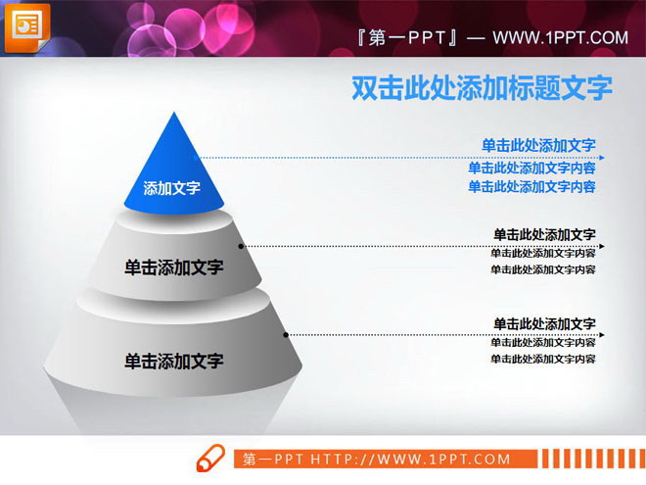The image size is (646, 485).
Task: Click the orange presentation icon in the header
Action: click(25, 26)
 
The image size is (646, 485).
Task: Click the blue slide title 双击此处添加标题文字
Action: click(482, 88)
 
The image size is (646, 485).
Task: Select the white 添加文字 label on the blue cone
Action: click(171, 188)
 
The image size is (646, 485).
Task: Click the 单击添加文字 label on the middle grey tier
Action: click(173, 267)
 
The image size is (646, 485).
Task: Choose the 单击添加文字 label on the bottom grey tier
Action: click(173, 361)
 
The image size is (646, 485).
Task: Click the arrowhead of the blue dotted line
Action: click(601, 157)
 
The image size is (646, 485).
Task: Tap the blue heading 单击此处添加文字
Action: click(538, 145)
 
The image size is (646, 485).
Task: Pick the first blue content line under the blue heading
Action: click(531, 168)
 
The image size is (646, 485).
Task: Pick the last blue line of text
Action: click(531, 187)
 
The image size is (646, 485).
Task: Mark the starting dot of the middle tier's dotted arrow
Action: click(241, 246)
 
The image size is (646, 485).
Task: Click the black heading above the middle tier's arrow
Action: click(544, 234)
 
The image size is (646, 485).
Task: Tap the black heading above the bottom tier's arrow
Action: click(544, 323)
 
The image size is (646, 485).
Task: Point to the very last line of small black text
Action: click(543, 360)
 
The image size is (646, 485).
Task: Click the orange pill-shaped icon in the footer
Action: click(210, 458)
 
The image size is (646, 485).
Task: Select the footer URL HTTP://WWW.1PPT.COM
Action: click(411, 459)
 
